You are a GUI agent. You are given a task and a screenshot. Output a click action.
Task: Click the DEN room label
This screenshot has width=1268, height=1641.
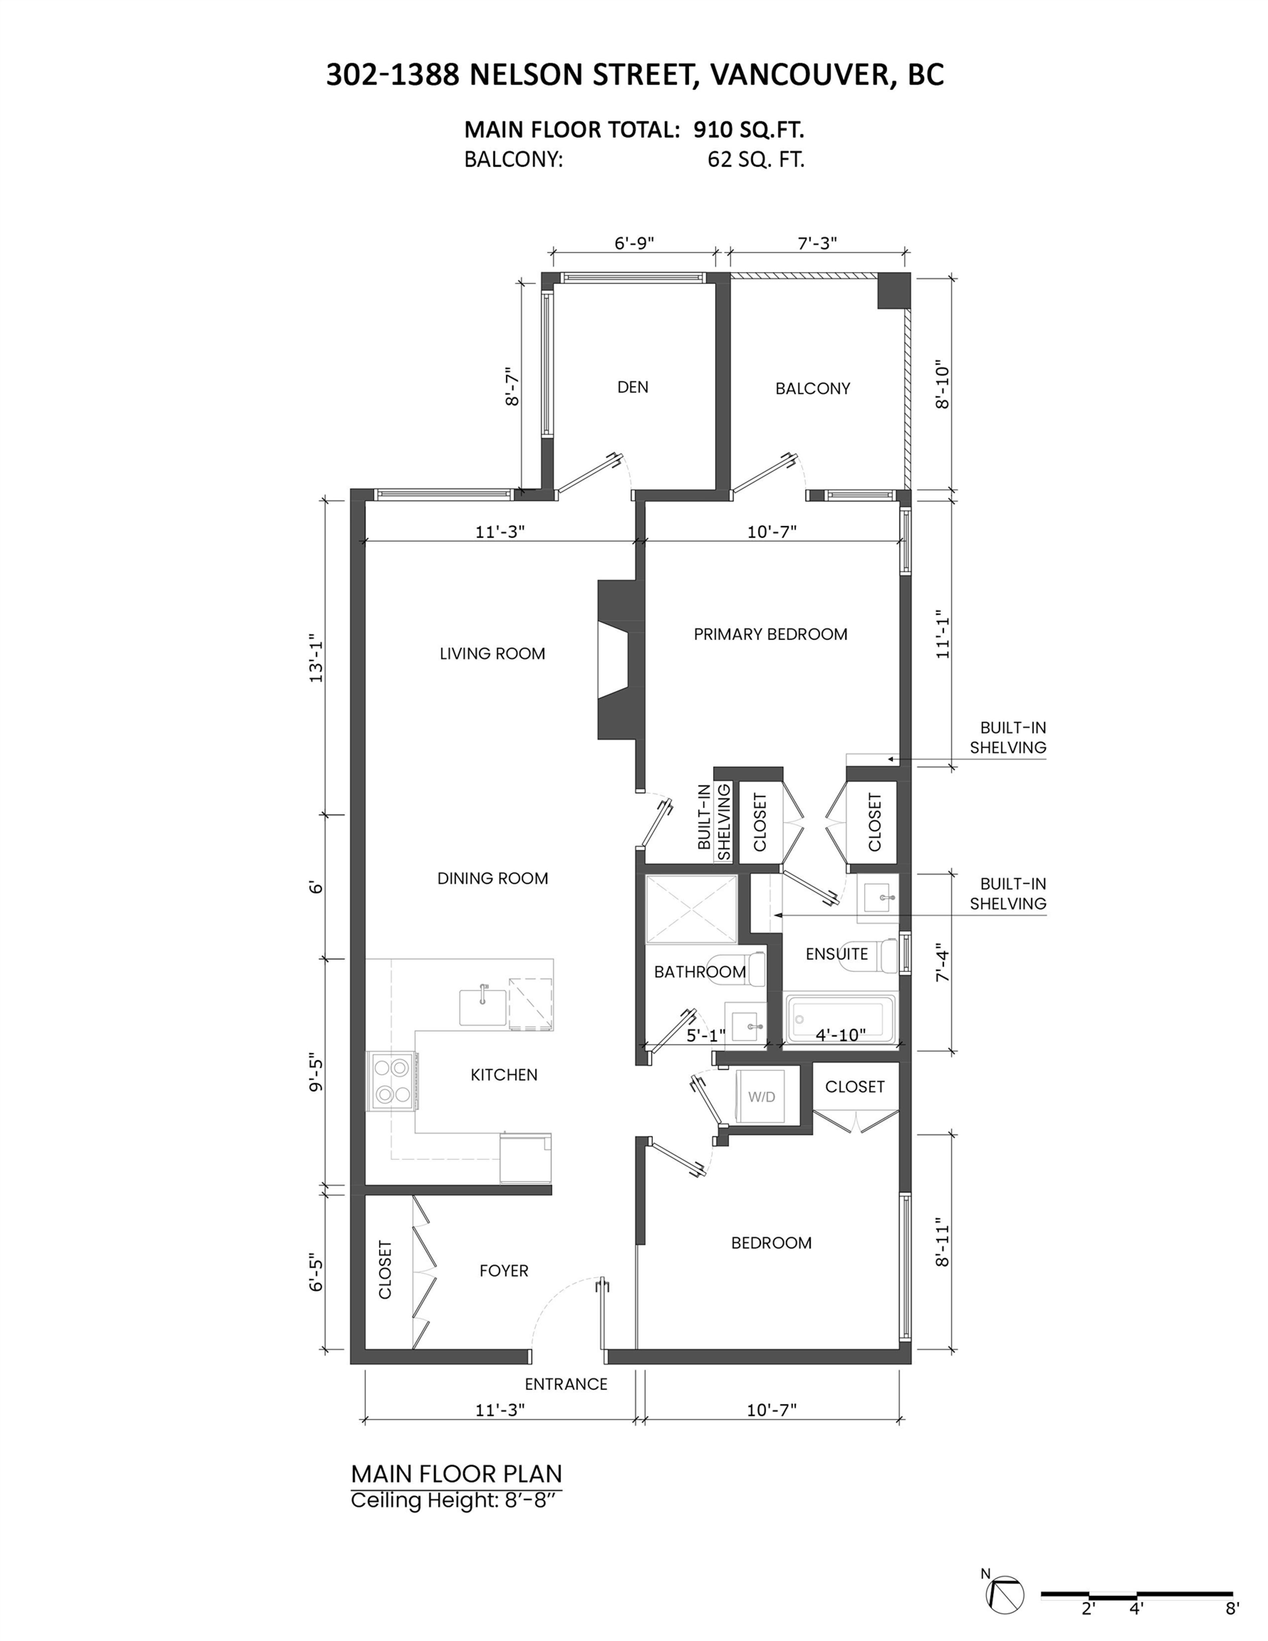coord(632,387)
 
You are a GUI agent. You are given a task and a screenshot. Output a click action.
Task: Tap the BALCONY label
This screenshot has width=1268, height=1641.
coord(813,389)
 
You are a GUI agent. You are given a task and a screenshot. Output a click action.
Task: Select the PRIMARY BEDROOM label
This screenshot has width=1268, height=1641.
coord(770,634)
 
